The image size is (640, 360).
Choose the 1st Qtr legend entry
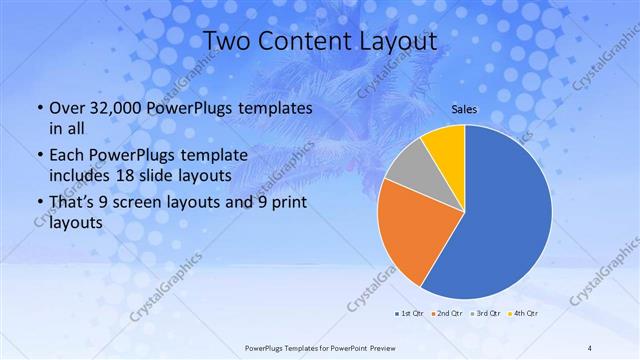click(409, 314)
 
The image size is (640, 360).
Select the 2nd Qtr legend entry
click(446, 314)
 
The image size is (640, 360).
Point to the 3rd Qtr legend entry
click(486, 314)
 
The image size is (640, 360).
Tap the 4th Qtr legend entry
click(524, 314)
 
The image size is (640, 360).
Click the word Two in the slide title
click(229, 42)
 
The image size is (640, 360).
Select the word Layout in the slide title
click(392, 42)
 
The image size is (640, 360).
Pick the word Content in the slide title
click(301, 42)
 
